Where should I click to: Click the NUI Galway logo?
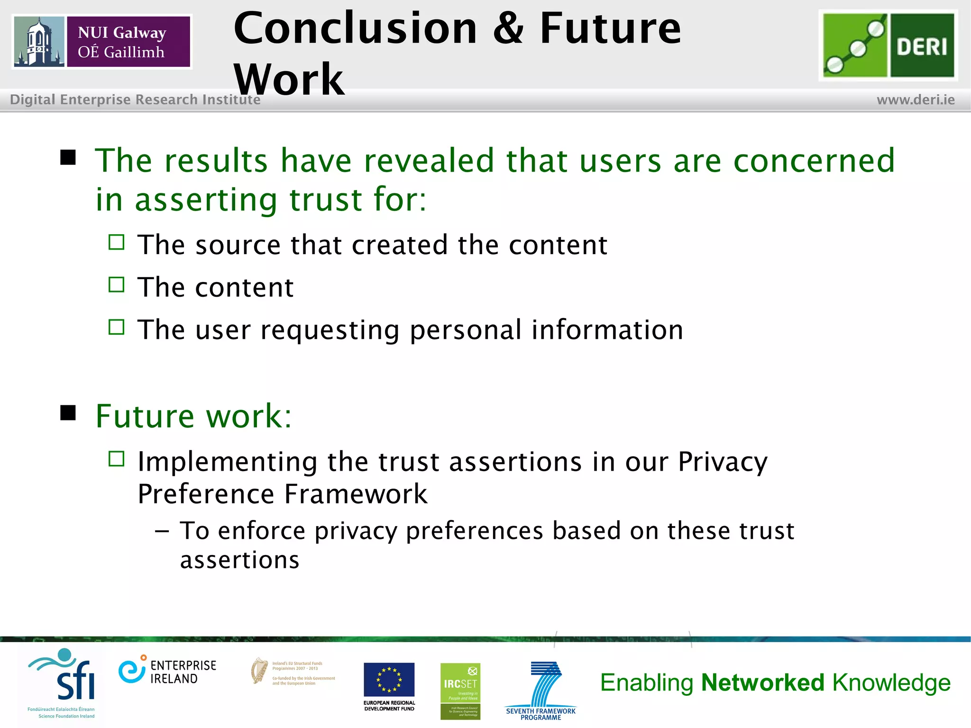coord(102,42)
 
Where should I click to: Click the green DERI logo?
coord(888,45)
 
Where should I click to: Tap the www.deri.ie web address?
coord(916,100)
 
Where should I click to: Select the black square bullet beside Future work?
coord(68,413)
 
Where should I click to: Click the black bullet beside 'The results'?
coord(68,157)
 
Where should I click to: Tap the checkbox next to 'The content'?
coord(116,285)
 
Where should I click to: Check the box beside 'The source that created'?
coord(116,242)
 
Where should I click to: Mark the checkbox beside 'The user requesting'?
coord(116,327)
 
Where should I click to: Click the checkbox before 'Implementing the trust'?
coord(116,459)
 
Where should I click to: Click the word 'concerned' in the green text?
coord(814,161)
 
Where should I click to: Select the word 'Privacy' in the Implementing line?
coord(722,462)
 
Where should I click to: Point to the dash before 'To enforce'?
coord(162,531)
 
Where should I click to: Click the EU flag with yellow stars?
coord(389,680)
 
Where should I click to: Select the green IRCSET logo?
coord(460,691)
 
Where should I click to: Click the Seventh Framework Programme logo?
coord(541,690)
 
